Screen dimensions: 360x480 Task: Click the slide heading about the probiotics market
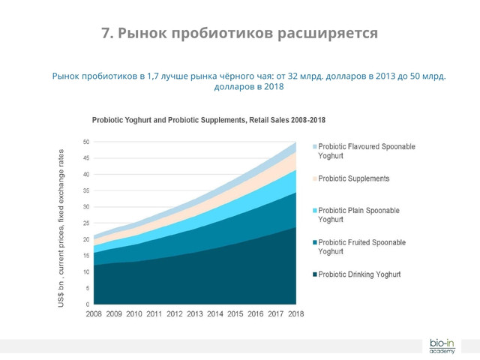point(240,34)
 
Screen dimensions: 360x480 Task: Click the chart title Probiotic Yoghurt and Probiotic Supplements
point(208,120)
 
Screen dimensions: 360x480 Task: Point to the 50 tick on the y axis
point(86,142)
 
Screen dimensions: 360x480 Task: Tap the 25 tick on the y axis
point(86,223)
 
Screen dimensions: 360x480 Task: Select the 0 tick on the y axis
point(88,304)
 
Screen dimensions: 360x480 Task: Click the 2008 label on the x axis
point(94,314)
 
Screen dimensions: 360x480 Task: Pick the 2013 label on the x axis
point(195,314)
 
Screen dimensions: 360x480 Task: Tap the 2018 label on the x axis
point(296,314)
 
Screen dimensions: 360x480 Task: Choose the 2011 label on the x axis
point(154,314)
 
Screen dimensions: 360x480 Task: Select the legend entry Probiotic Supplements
point(353,178)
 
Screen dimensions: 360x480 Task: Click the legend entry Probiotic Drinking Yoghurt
point(359,274)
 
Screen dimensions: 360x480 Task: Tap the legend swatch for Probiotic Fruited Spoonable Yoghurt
point(315,243)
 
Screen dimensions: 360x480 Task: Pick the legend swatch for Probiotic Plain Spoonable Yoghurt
point(315,211)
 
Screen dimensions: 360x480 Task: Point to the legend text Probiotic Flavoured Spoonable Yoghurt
point(366,151)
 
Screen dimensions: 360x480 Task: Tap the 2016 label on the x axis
point(256,314)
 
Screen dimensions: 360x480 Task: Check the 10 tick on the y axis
point(86,272)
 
